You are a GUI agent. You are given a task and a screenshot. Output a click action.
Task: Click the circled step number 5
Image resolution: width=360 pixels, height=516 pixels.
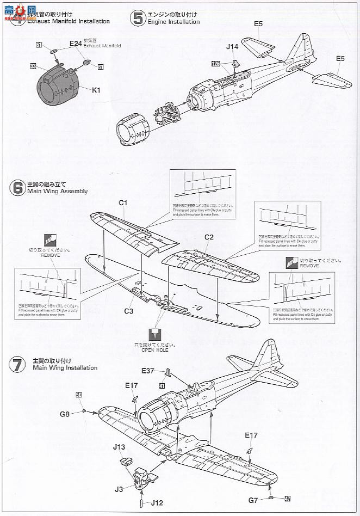(136, 18)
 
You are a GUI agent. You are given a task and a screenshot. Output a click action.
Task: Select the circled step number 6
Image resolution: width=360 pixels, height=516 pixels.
(17, 188)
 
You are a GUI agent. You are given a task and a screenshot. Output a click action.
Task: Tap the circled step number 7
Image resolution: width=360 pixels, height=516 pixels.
(16, 364)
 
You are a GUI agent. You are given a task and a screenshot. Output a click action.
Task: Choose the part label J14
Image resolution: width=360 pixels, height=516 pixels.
(233, 47)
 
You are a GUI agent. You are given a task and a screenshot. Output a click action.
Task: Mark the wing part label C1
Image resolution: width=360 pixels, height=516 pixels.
(123, 202)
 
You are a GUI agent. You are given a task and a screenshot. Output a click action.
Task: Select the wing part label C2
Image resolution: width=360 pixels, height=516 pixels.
(209, 237)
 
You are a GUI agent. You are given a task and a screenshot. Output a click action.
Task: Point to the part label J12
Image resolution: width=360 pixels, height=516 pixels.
(157, 502)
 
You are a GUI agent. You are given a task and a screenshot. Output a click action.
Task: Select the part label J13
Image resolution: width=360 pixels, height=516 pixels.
(120, 447)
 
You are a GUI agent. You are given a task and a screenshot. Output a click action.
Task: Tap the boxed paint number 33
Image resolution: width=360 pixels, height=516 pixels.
(33, 66)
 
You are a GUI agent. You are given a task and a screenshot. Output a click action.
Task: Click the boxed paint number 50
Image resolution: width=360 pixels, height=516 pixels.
(79, 395)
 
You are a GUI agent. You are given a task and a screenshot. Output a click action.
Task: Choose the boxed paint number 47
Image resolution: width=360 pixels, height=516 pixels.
(288, 498)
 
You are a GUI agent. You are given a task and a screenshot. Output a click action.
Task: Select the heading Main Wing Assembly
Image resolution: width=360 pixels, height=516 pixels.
(60, 192)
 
